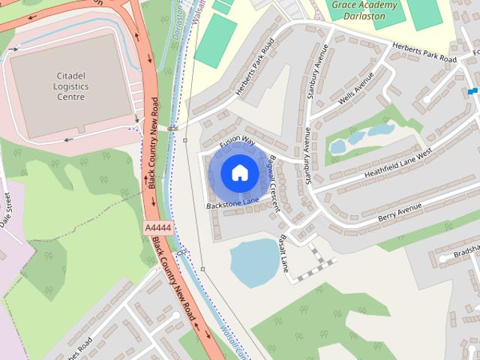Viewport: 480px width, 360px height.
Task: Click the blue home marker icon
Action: (238, 172)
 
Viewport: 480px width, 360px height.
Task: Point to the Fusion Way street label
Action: (238, 140)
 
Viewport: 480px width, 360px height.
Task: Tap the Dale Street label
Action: (6, 210)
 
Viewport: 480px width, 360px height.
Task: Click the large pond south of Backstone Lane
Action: (253, 262)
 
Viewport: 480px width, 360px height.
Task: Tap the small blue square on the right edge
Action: (472, 91)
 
